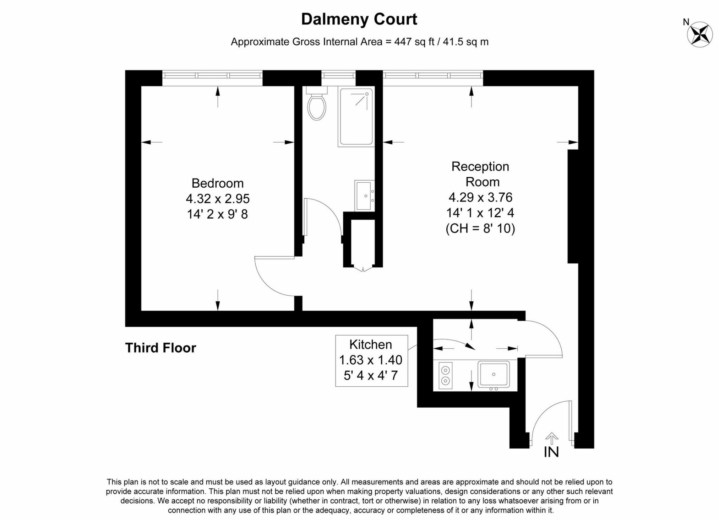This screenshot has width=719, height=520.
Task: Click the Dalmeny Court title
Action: [x=359, y=19]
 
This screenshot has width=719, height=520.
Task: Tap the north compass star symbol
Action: [x=700, y=34]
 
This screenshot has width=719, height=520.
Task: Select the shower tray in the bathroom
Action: [x=356, y=117]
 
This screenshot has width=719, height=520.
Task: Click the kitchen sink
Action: [x=493, y=374]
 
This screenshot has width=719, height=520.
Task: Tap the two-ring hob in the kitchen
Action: [x=445, y=375]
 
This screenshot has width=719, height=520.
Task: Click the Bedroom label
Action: [x=217, y=183]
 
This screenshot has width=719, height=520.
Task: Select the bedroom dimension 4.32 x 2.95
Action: [x=217, y=198]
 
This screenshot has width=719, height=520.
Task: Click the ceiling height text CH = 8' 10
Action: [x=480, y=228]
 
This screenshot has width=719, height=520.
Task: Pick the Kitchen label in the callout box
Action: [x=370, y=344]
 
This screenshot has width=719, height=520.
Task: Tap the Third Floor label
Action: [x=160, y=348]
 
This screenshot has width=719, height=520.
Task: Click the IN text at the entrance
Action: [x=551, y=452]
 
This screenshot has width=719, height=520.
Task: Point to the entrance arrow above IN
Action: [x=551, y=438]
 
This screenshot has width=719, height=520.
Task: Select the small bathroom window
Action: [x=338, y=75]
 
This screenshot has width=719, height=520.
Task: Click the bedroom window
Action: [x=212, y=75]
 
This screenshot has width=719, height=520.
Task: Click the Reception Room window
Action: [x=433, y=75]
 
